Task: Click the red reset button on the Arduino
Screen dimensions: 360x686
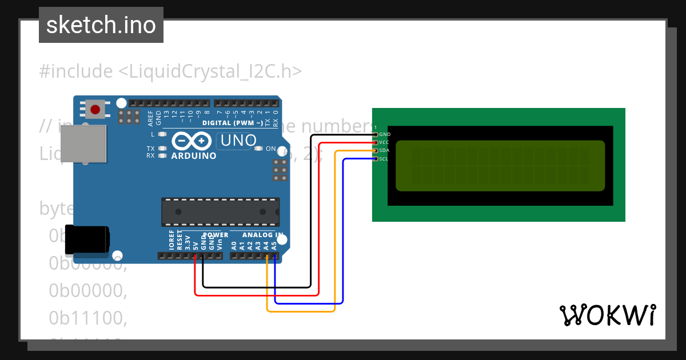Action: (x=95, y=109)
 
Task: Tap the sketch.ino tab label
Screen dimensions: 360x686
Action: (x=101, y=25)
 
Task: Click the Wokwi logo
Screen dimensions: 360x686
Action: (x=608, y=315)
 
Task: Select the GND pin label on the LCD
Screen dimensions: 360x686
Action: (x=385, y=134)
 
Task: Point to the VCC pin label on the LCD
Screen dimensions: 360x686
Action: (x=384, y=142)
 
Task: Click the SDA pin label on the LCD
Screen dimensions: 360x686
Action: (x=384, y=150)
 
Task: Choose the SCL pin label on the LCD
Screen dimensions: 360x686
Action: (x=384, y=159)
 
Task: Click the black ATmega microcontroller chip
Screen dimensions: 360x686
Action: (x=221, y=211)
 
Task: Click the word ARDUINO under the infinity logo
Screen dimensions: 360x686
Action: (x=193, y=155)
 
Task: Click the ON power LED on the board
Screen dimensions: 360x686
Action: (x=258, y=149)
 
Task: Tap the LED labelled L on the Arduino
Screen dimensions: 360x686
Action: (x=162, y=134)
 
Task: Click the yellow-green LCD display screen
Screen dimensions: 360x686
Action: (x=500, y=166)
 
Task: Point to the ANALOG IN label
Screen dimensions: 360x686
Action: (x=263, y=235)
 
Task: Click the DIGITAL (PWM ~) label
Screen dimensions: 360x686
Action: (x=232, y=123)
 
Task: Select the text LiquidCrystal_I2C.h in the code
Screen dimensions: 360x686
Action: (x=209, y=71)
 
